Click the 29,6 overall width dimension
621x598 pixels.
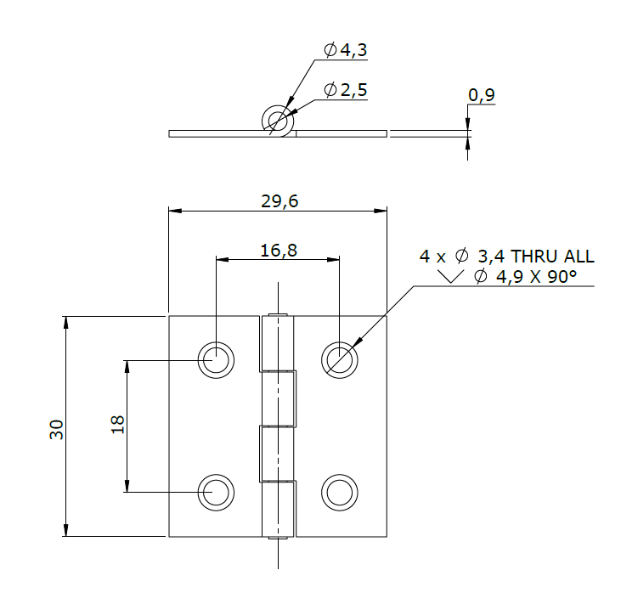coord(279,200)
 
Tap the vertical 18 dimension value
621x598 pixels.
coord(117,425)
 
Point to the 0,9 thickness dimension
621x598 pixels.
coord(481,95)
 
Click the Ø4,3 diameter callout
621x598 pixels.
coord(346,50)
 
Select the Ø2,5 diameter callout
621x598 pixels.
coord(346,90)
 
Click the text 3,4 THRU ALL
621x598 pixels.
coord(535,256)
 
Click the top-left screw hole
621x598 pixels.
coord(216,360)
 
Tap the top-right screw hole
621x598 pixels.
coord(339,360)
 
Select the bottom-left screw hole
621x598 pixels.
coord(216,492)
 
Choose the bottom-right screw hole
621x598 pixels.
coord(339,492)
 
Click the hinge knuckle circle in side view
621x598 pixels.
coord(278,121)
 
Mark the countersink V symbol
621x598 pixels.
coord(450,277)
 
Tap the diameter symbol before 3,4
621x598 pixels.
coord(462,256)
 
